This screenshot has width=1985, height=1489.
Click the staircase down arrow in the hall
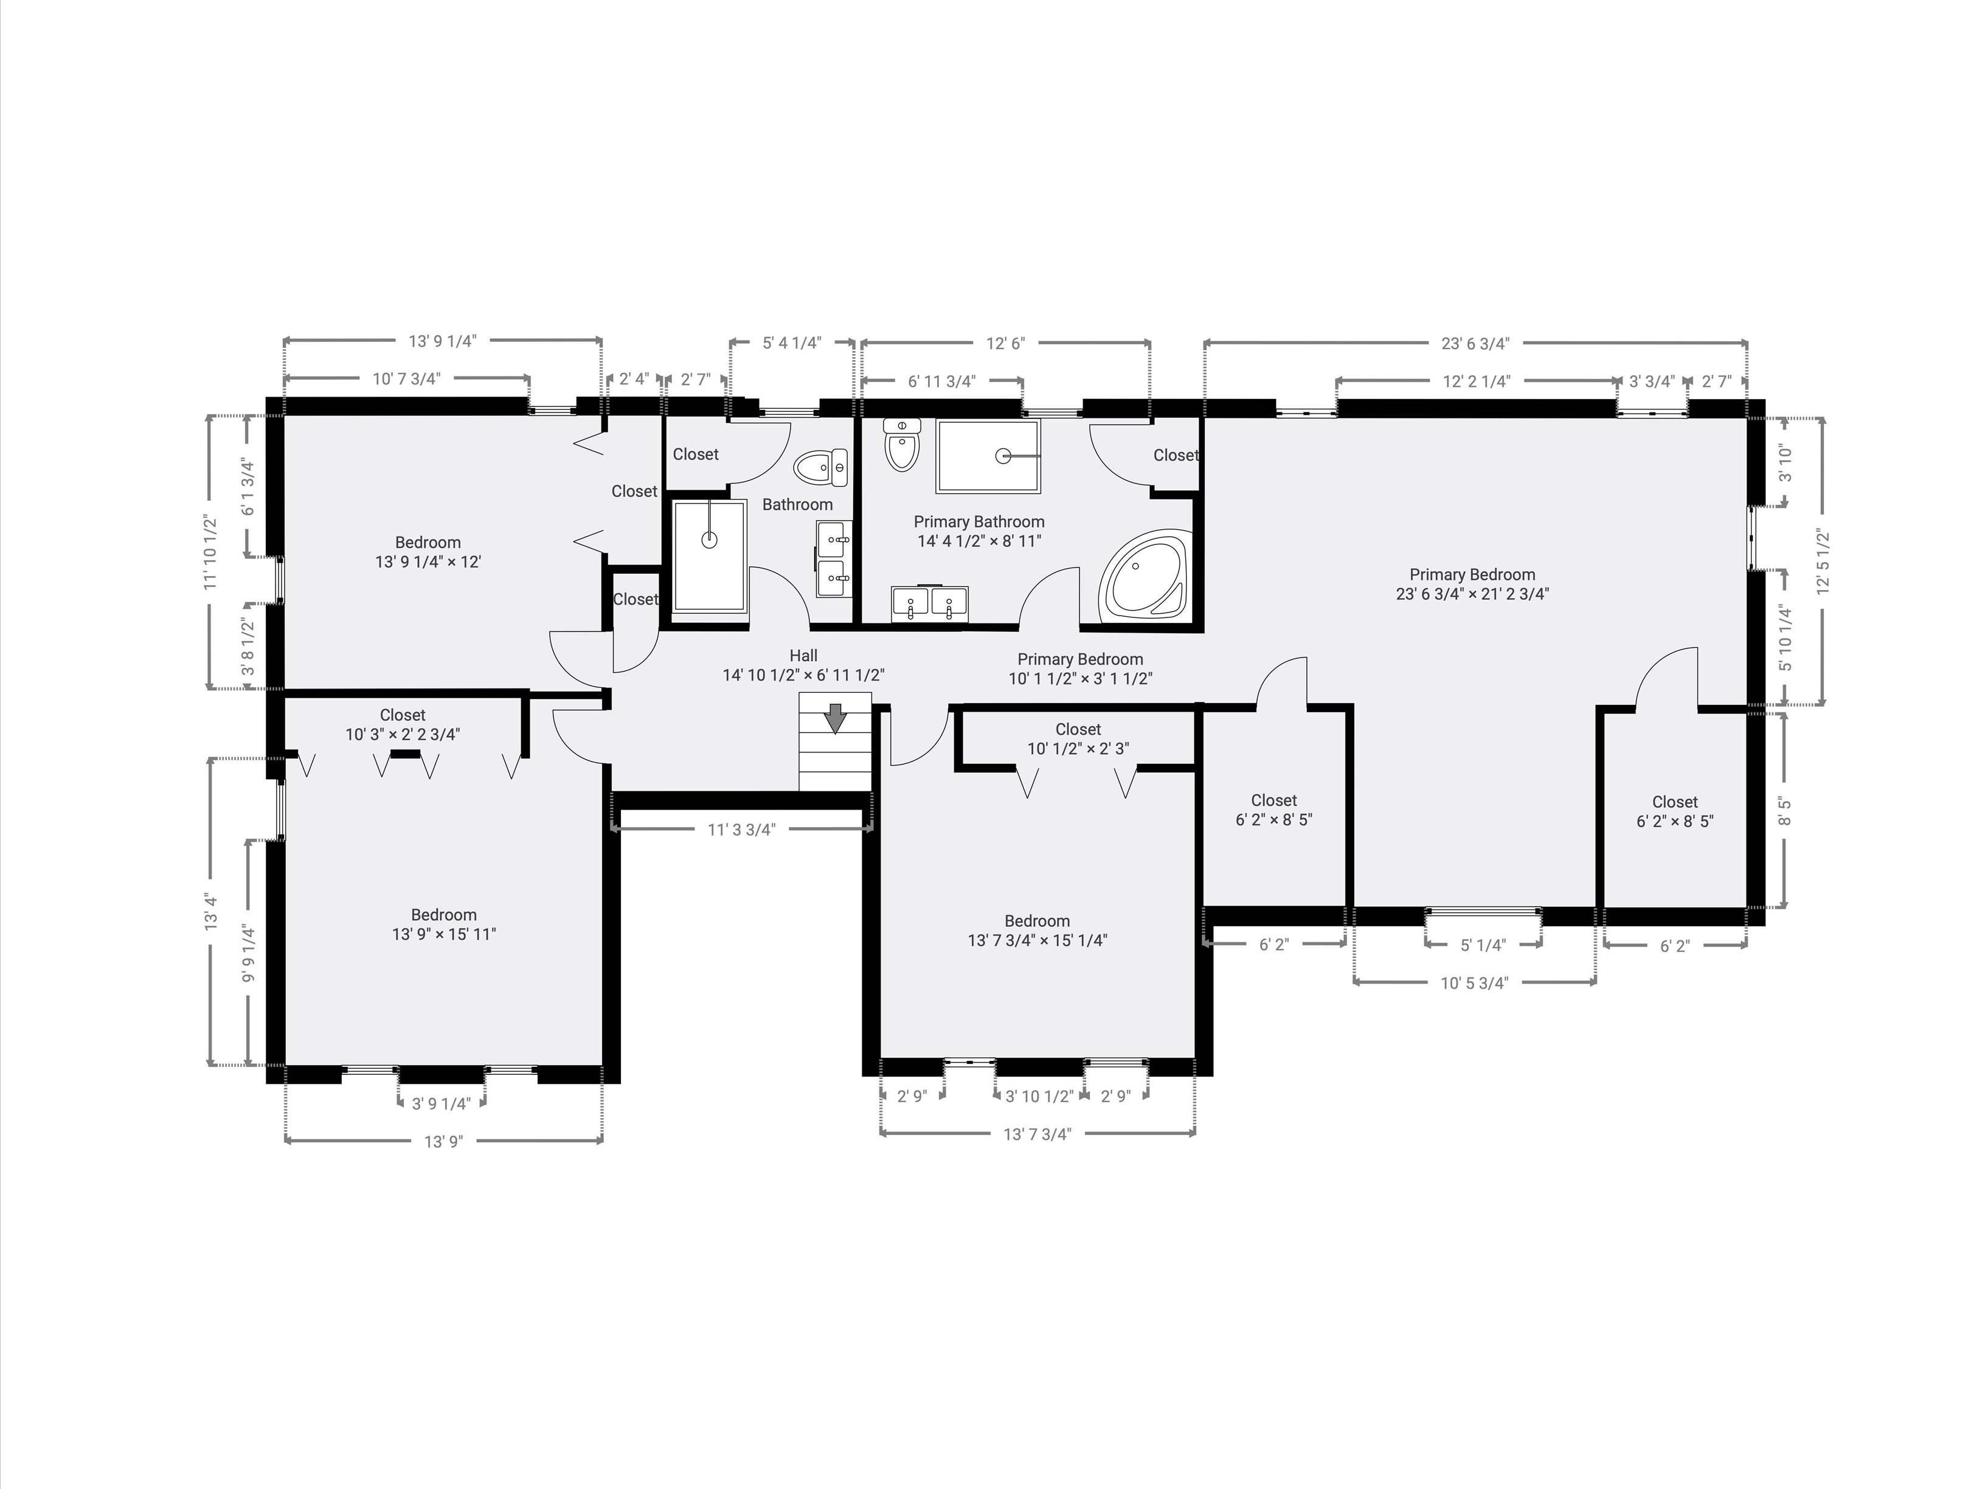pyautogui.click(x=836, y=717)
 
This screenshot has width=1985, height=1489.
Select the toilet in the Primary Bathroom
pyautogui.click(x=901, y=445)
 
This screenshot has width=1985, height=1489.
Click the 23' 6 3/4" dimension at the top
pyautogui.click(x=1475, y=343)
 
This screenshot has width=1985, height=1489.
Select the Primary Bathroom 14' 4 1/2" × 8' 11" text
pyautogui.click(x=979, y=532)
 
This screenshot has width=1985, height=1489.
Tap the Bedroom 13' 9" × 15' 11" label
pyautogui.click(x=443, y=925)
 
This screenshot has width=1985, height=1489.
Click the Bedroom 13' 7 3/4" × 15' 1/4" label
pyautogui.click(x=1038, y=931)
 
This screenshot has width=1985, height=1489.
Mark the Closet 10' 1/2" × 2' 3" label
pyautogui.click(x=1078, y=738)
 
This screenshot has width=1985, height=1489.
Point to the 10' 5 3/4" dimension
pyautogui.click(x=1474, y=983)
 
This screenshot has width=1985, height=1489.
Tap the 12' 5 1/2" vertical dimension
pyautogui.click(x=1821, y=562)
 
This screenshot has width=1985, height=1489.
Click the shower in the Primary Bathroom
pyautogui.click(x=989, y=456)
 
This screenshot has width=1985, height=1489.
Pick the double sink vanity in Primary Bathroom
pyautogui.click(x=930, y=603)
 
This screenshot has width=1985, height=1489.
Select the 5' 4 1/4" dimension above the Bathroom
pyautogui.click(x=791, y=343)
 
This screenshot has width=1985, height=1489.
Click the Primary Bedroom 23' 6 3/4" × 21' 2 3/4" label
pyautogui.click(x=1472, y=583)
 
